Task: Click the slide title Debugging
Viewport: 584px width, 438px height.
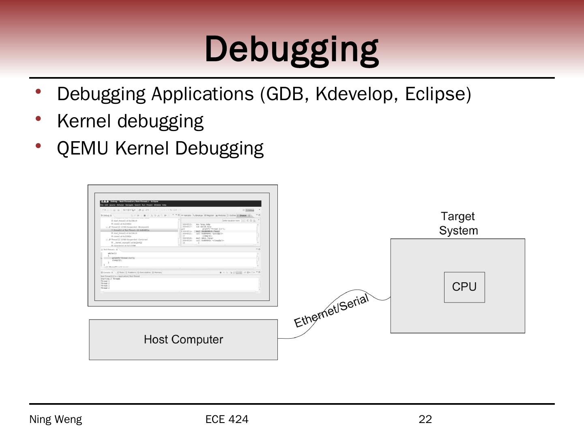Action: [292, 49]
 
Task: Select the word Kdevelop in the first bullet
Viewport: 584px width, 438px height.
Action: [354, 94]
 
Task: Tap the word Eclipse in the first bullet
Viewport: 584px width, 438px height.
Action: [435, 94]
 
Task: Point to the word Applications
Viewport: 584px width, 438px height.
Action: [202, 94]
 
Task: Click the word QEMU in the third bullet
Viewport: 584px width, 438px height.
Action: [83, 148]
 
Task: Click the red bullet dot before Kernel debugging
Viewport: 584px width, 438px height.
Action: [39, 119]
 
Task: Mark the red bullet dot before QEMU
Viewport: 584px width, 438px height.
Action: [39, 146]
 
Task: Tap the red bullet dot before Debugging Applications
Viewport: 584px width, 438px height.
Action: [39, 92]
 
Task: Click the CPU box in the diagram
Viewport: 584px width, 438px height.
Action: [464, 287]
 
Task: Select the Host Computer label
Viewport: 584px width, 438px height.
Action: [183, 339]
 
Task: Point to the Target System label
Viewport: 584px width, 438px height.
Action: [458, 223]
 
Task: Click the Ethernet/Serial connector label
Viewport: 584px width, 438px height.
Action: [331, 311]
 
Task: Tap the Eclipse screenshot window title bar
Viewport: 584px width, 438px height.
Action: [180, 202]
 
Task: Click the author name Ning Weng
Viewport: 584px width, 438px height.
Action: [56, 419]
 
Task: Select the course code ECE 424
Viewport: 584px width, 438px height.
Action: [227, 419]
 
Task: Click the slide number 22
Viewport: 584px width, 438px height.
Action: [425, 419]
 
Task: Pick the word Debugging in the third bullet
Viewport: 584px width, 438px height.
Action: [219, 148]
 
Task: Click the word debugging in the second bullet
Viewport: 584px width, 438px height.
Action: [160, 122]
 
